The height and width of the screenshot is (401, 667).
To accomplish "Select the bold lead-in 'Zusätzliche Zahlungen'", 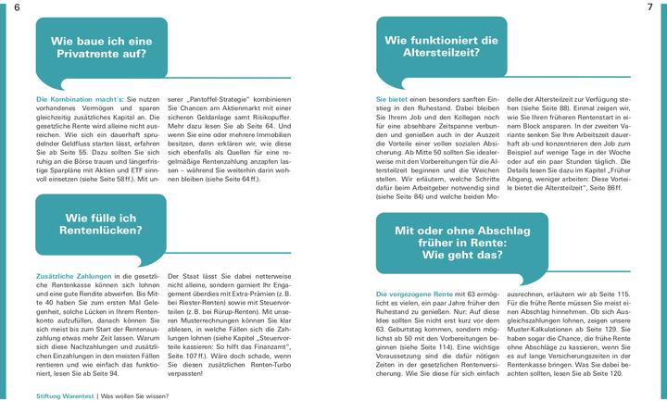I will [70, 276].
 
